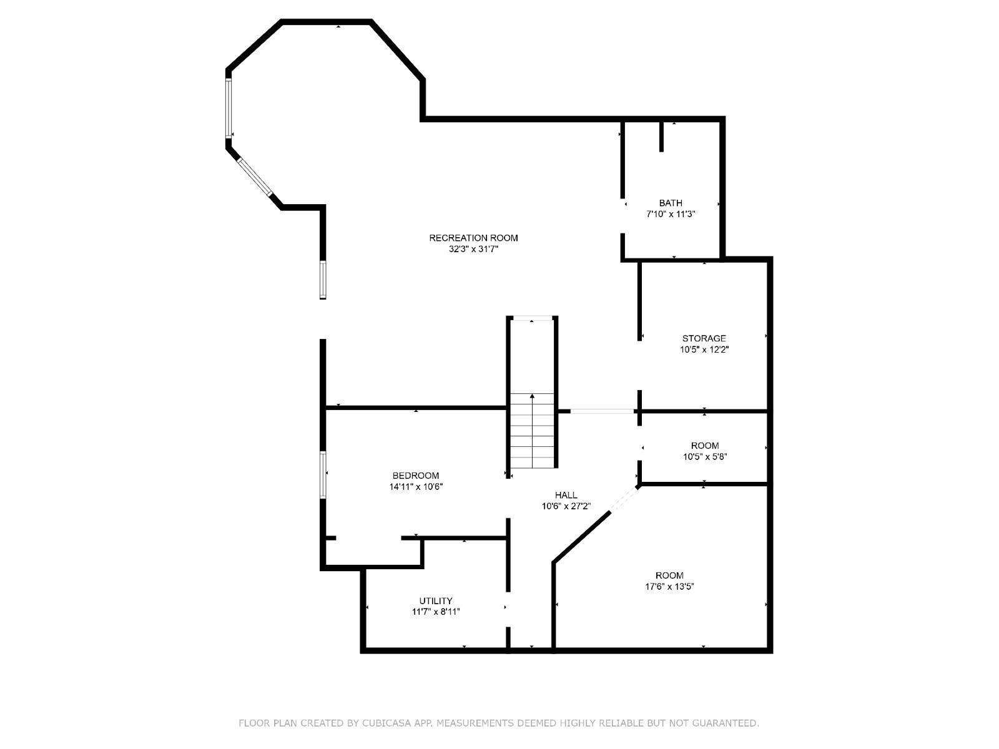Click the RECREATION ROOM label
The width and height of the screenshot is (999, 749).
473,238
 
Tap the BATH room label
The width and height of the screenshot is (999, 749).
671,203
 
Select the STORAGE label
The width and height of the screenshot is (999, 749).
704,338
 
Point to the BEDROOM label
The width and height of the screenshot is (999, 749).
415,476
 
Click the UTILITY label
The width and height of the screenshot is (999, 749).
435,601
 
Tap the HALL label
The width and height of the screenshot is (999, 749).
566,495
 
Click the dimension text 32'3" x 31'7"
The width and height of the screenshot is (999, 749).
473,249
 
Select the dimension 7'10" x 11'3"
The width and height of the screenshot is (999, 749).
671,214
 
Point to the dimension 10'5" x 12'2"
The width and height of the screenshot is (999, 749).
704,350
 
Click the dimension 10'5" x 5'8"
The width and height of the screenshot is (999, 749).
704,457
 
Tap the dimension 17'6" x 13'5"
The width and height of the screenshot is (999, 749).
669,587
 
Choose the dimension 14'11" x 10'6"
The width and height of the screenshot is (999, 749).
415,487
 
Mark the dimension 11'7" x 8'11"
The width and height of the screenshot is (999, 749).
435,612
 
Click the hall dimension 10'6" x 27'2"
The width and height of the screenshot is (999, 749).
566,506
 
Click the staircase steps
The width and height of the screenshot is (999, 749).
532,431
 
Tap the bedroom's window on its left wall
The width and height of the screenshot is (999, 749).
323,475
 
